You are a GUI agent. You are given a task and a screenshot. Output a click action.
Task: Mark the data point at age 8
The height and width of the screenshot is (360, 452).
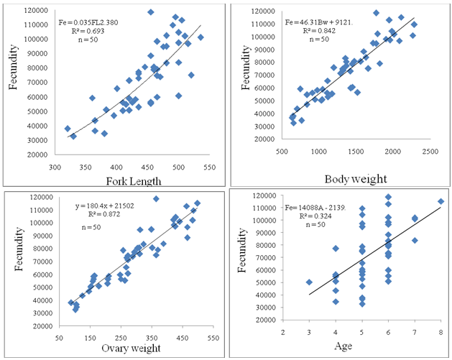441,202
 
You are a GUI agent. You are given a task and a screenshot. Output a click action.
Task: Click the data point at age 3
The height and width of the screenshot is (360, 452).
309,282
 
